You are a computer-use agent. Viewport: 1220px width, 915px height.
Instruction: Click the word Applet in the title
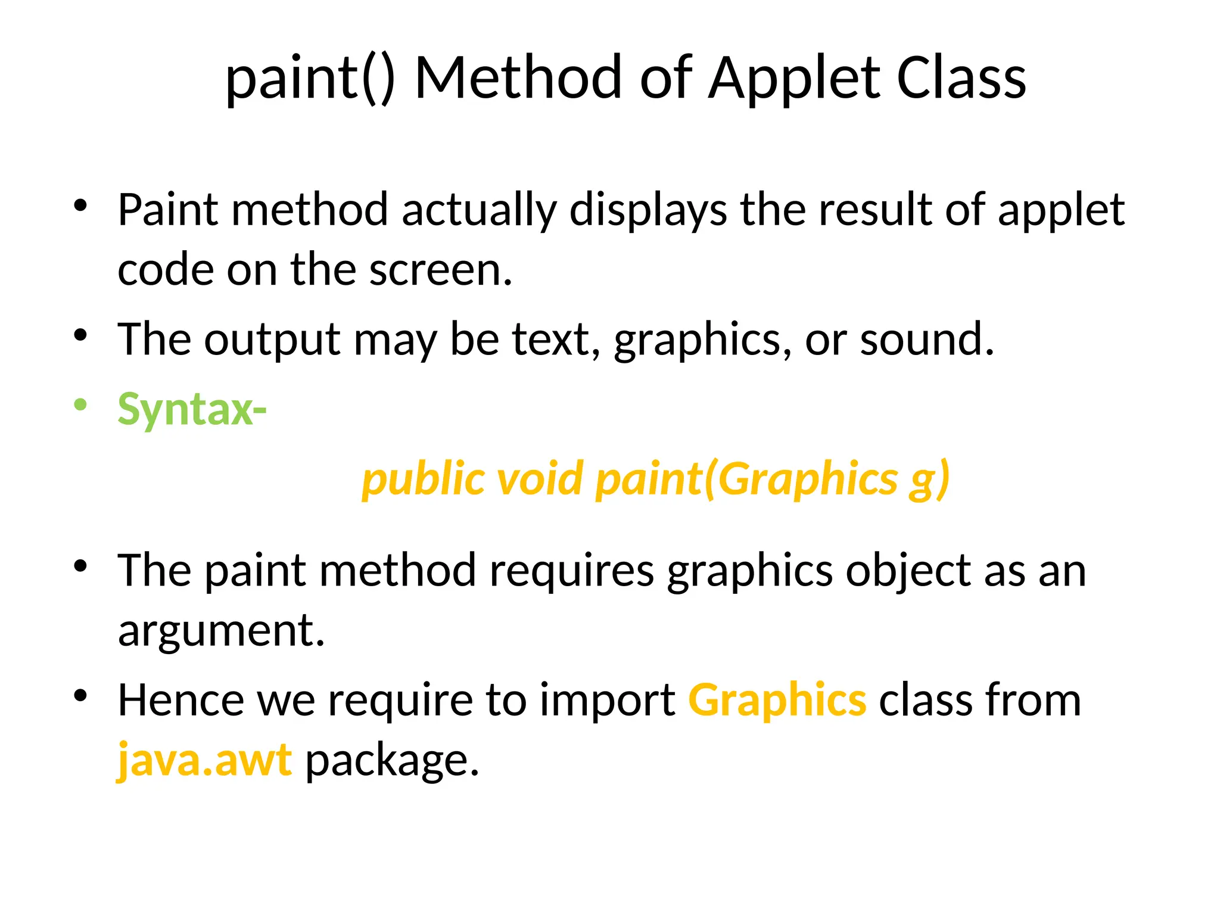[795, 79]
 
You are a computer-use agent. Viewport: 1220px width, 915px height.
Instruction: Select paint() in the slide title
[310, 79]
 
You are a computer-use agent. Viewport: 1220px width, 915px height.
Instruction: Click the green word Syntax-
[192, 410]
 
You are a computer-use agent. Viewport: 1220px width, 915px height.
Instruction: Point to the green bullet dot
[80, 405]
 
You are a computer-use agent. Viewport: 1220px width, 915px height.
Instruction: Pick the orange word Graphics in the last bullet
[777, 701]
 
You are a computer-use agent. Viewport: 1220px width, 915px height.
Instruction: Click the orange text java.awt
[204, 761]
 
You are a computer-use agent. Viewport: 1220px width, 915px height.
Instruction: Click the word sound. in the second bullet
[927, 340]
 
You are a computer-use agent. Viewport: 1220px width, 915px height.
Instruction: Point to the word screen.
[440, 270]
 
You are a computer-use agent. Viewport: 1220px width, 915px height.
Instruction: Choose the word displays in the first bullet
[648, 210]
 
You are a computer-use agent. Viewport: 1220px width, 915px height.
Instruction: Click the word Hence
[180, 701]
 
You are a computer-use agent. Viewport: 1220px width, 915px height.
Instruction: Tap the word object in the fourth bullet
[908, 571]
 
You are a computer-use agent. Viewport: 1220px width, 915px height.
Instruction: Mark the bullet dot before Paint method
[80, 206]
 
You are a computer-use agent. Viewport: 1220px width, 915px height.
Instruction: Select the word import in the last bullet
[607, 701]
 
